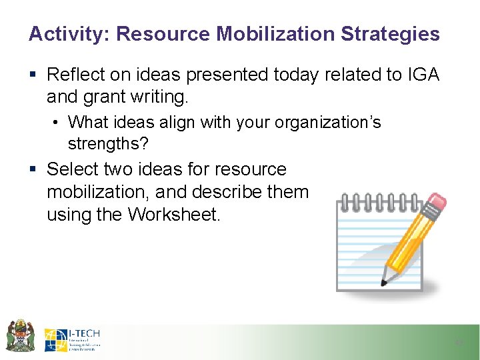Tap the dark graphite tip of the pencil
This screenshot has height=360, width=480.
point(384,282)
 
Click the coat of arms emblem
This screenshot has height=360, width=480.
point(20,335)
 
